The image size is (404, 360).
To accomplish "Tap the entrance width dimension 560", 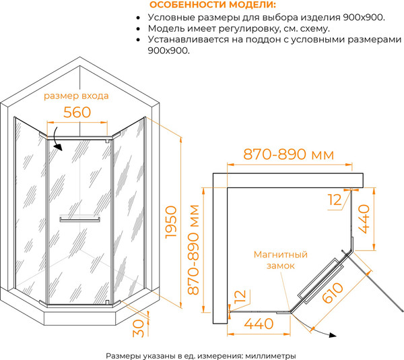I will coord(76,113).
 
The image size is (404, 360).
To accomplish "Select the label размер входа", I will coord(76,96).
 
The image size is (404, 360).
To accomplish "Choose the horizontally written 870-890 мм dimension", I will coord(288,154).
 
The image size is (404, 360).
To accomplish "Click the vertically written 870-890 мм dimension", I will coord(195,249).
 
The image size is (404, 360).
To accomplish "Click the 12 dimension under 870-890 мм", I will coord(335,200).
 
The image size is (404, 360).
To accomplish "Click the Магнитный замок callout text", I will coord(280,260).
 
